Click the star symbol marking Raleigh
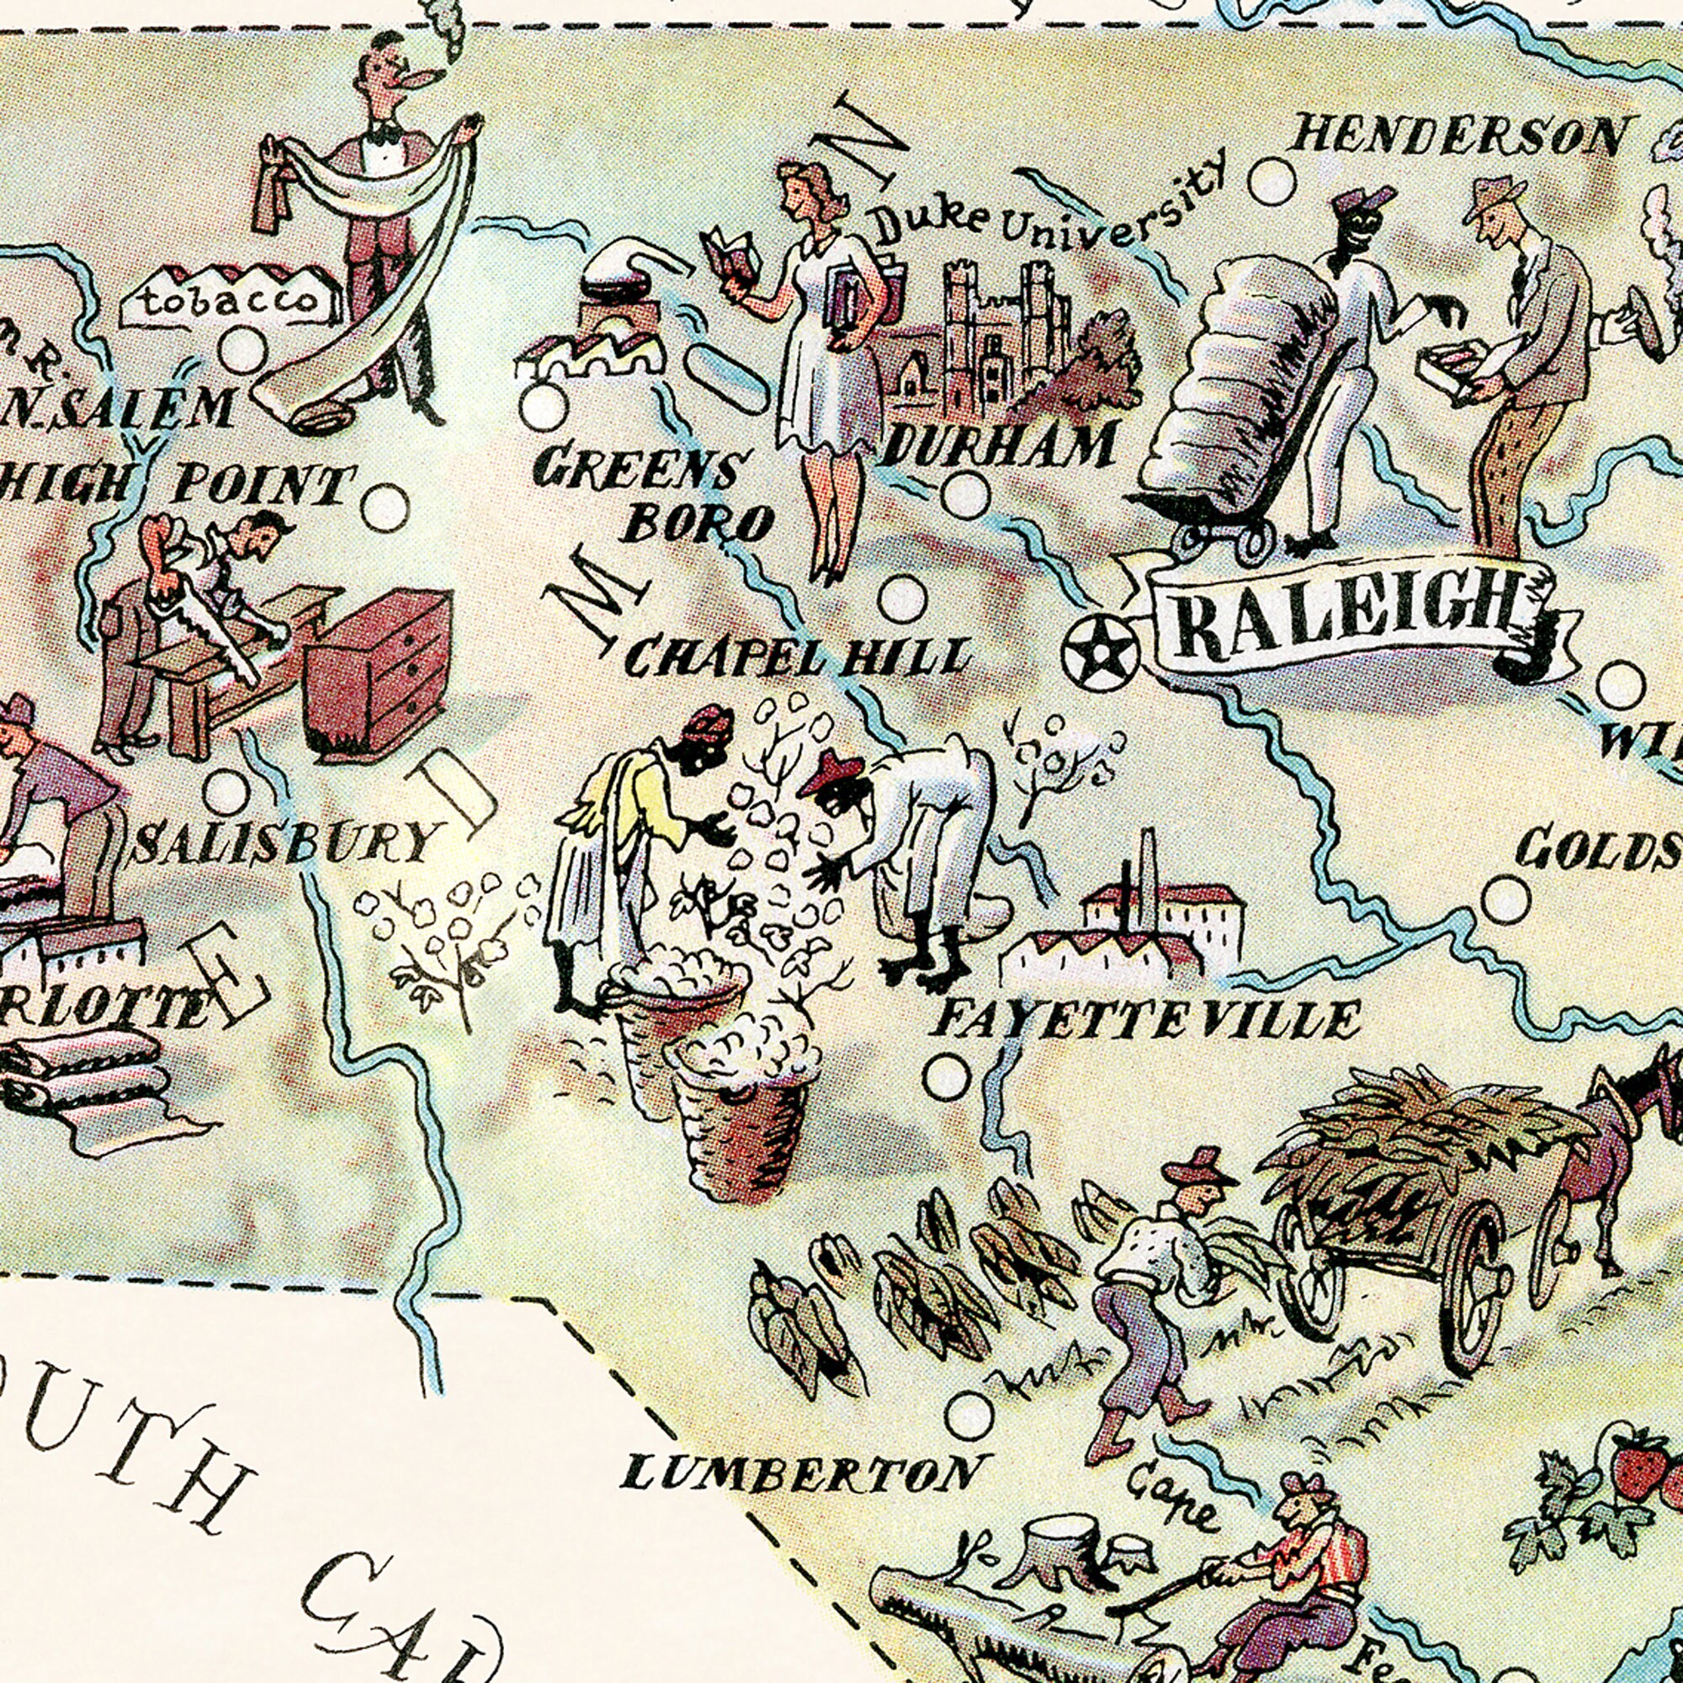[1100, 650]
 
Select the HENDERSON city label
[1457, 137]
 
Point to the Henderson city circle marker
[1271, 182]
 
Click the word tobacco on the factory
[229, 300]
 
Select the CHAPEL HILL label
[797, 659]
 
